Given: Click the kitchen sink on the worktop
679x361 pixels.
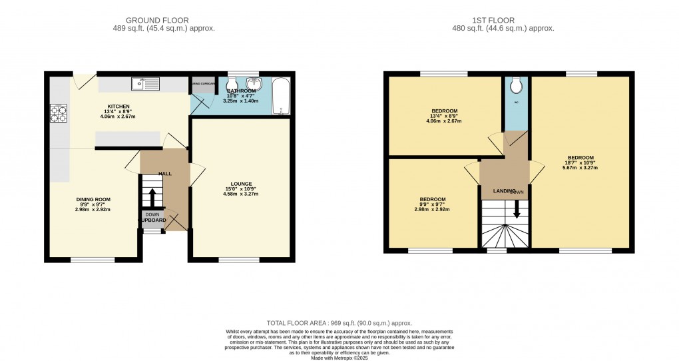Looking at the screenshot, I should pos(146,84).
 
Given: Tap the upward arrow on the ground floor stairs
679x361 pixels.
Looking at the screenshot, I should pos(152,197).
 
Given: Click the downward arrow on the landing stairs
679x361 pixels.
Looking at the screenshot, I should pos(517,208).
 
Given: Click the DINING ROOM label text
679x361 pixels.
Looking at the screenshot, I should pos(94,199).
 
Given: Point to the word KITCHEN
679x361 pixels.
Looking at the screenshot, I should pos(118,107).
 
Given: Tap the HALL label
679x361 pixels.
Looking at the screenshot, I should pos(164,174).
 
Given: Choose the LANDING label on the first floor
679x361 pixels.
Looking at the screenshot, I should pos(504,191).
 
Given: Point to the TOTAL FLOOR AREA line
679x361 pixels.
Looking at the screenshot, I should pos(339,322).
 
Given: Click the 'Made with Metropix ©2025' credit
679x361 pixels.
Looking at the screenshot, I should pos(339,357).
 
